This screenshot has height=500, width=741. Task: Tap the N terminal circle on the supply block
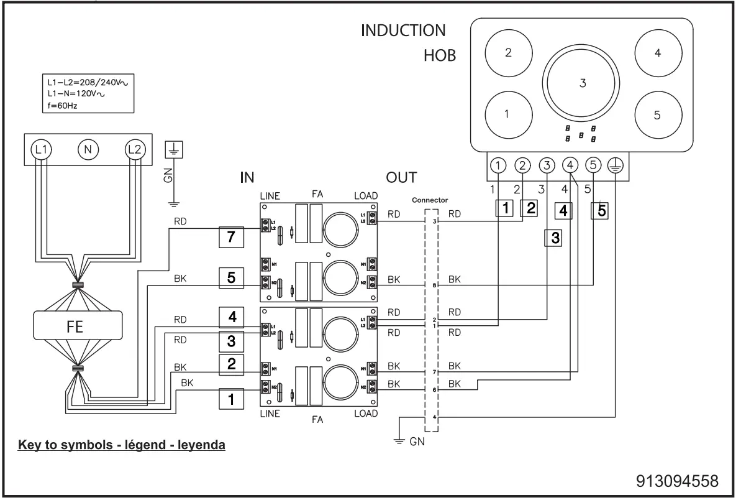click(88, 149)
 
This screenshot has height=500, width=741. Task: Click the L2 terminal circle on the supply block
click(133, 149)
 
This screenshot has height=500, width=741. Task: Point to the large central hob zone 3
click(582, 84)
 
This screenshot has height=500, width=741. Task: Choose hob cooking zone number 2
click(507, 53)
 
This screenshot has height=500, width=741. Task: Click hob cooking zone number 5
click(658, 115)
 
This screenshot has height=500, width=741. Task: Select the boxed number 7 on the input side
click(231, 238)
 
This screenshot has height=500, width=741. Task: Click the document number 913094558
click(677, 481)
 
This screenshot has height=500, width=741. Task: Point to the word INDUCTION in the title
click(403, 30)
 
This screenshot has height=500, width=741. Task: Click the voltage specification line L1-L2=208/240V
click(86, 82)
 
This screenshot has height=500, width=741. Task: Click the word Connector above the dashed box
click(430, 200)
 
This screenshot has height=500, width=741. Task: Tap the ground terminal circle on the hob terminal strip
click(616, 165)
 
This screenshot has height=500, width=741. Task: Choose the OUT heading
click(401, 178)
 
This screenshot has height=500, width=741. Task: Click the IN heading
click(247, 178)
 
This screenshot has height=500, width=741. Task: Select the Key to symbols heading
click(122, 446)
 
